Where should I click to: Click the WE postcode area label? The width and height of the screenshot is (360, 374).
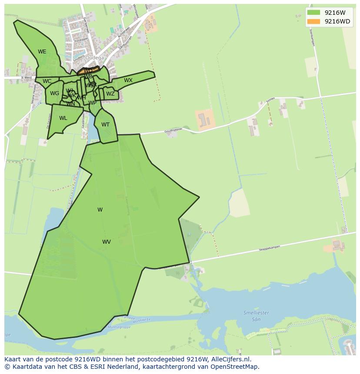[x=42, y=52]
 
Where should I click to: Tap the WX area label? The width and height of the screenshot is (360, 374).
[x=128, y=80]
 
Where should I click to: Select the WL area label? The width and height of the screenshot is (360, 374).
[x=63, y=118]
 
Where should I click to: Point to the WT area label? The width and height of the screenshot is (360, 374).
[x=105, y=125]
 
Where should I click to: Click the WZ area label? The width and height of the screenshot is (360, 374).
[x=110, y=94]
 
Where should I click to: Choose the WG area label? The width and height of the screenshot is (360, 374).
[x=54, y=93]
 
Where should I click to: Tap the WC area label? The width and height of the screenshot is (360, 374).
[x=47, y=81]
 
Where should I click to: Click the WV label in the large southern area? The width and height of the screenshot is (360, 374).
[x=107, y=242]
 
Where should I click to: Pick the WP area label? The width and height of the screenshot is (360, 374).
[x=92, y=103]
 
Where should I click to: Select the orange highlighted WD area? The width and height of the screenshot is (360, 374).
[x=88, y=70]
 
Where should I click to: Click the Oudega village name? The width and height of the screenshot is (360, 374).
[x=94, y=58]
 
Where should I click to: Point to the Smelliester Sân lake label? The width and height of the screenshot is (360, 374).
[x=256, y=316]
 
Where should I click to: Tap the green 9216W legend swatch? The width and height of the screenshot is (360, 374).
[x=313, y=13]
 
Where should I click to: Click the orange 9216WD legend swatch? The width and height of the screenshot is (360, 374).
[x=313, y=21]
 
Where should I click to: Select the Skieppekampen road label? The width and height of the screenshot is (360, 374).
[x=270, y=248]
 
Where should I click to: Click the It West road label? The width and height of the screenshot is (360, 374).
[x=27, y=78]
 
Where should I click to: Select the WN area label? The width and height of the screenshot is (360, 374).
[x=70, y=104]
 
